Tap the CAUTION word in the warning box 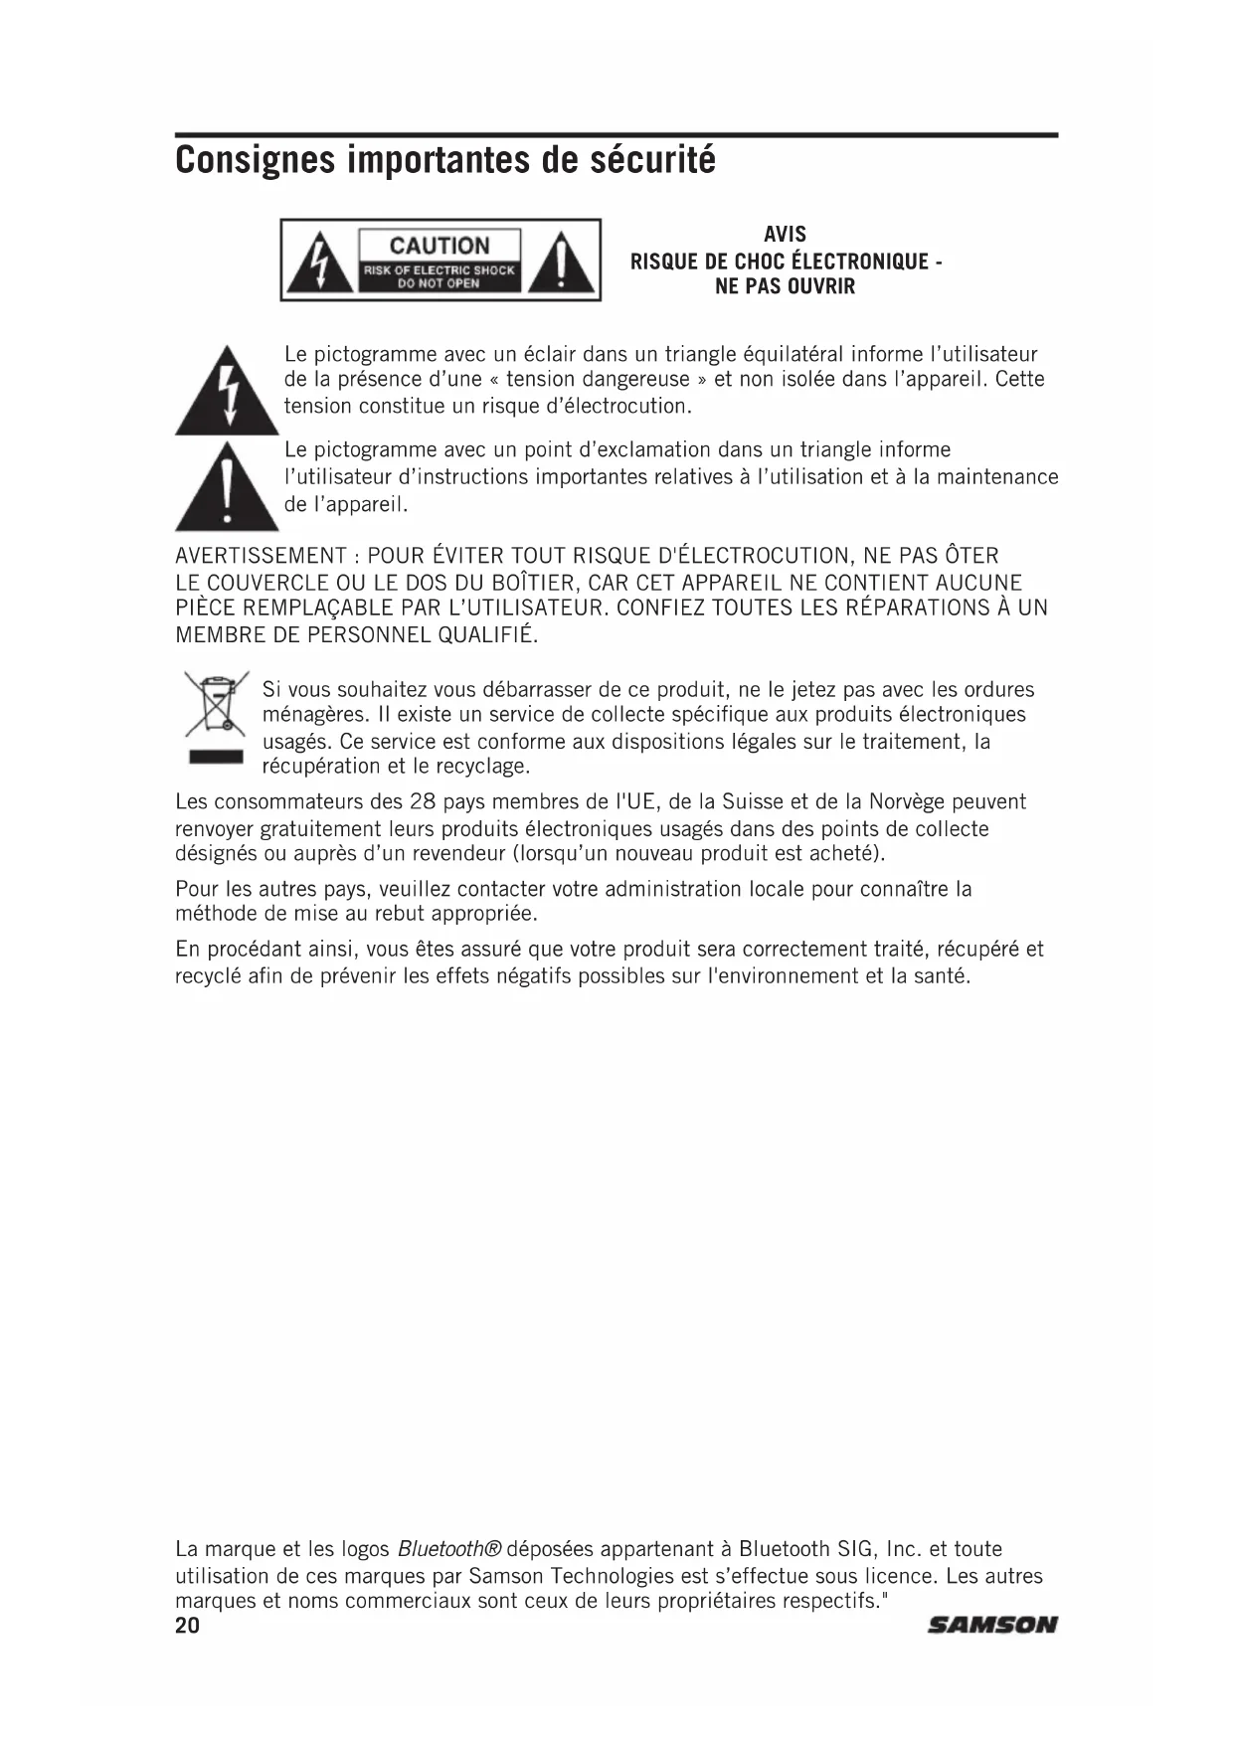(440, 246)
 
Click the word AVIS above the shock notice (785, 235)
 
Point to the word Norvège (906, 802)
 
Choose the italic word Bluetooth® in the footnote (449, 1549)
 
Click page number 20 (187, 1626)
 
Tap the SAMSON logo (991, 1626)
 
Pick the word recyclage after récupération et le (482, 767)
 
